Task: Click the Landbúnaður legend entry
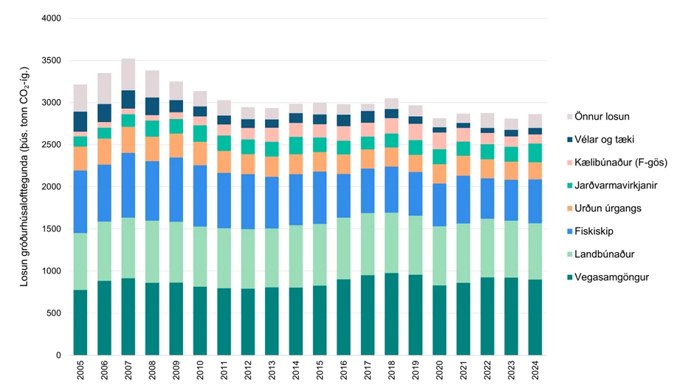(604, 254)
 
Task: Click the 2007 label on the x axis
(128, 370)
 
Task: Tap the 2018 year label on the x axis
(392, 370)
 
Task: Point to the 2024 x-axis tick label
(535, 370)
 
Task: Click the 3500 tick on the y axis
(52, 61)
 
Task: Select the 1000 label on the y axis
(52, 271)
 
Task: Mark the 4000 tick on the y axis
(52, 18)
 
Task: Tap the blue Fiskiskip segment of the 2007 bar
(128, 186)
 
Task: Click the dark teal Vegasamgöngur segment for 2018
(392, 314)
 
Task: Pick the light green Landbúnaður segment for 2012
(248, 259)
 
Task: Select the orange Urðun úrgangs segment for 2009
(176, 146)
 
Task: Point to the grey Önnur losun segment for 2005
(80, 98)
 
